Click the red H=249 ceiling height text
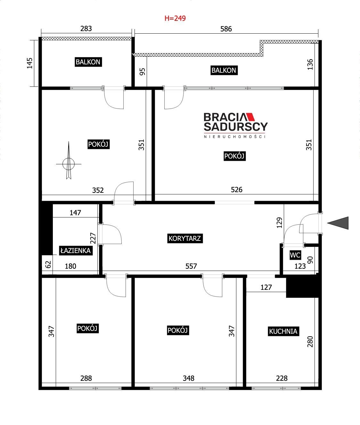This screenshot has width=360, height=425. coord(175,18)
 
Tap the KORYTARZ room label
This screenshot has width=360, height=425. coord(185,238)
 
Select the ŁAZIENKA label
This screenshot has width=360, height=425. coord(76,250)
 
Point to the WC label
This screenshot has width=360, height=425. coord(295,255)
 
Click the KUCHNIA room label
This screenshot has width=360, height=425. coord(283,331)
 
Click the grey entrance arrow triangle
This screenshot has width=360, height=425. coord(338,223)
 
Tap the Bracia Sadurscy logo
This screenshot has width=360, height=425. coord(235,125)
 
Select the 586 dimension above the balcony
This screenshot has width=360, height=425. coord(226,29)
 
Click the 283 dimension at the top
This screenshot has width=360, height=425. coord(86,29)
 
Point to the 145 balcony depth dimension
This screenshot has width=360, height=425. coord(30,63)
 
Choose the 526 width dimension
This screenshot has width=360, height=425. coord(236,190)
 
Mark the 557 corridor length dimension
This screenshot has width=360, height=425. coord(191,266)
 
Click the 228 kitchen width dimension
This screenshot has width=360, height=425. coord(282,378)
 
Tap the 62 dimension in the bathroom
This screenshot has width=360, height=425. coord(48,265)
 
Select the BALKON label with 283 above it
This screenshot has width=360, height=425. coord(88,62)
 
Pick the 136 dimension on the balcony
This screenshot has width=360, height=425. coord(310,64)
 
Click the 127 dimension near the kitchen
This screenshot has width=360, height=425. coord(266,287)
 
